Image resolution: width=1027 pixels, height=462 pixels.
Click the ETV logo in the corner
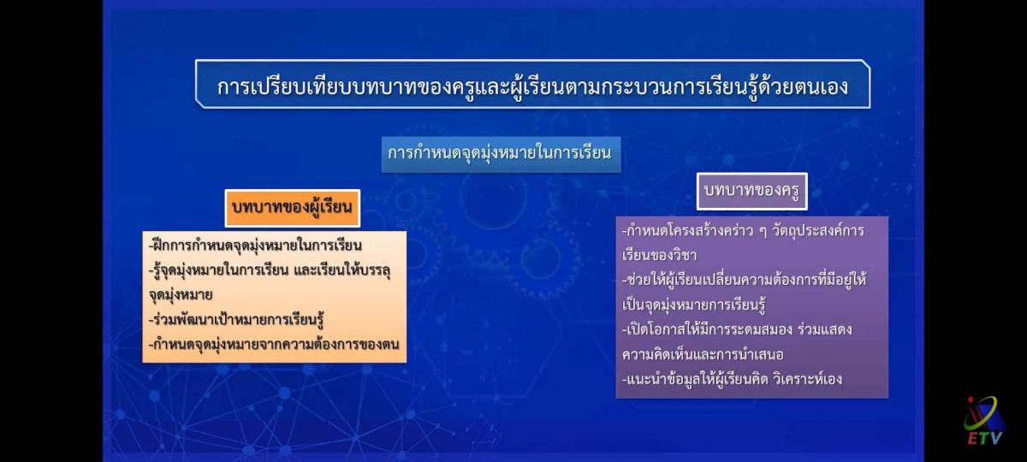point(983,421)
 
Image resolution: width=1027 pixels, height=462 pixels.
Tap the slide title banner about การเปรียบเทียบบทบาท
point(532,85)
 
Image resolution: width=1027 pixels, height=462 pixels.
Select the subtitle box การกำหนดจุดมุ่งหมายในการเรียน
point(502,155)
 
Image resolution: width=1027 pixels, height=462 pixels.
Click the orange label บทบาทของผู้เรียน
point(293,208)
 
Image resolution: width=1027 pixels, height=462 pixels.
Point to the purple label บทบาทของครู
point(752,191)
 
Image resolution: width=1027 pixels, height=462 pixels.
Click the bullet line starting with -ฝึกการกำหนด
point(255,246)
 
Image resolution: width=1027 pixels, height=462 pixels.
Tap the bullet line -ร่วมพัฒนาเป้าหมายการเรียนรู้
point(236,320)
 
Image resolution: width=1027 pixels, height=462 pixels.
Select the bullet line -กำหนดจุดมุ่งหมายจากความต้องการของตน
point(274,345)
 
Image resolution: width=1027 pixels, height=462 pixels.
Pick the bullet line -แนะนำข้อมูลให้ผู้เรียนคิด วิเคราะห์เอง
point(732,380)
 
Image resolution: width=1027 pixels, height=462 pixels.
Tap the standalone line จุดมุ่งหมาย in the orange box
point(181,294)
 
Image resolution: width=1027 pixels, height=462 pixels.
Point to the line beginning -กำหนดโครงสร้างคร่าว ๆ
point(743,230)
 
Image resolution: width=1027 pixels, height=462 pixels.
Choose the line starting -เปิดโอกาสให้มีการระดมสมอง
point(737,330)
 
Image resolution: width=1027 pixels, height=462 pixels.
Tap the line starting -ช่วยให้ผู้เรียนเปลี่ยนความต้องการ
point(744,280)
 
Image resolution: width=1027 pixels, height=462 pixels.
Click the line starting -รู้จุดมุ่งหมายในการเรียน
point(270,270)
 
